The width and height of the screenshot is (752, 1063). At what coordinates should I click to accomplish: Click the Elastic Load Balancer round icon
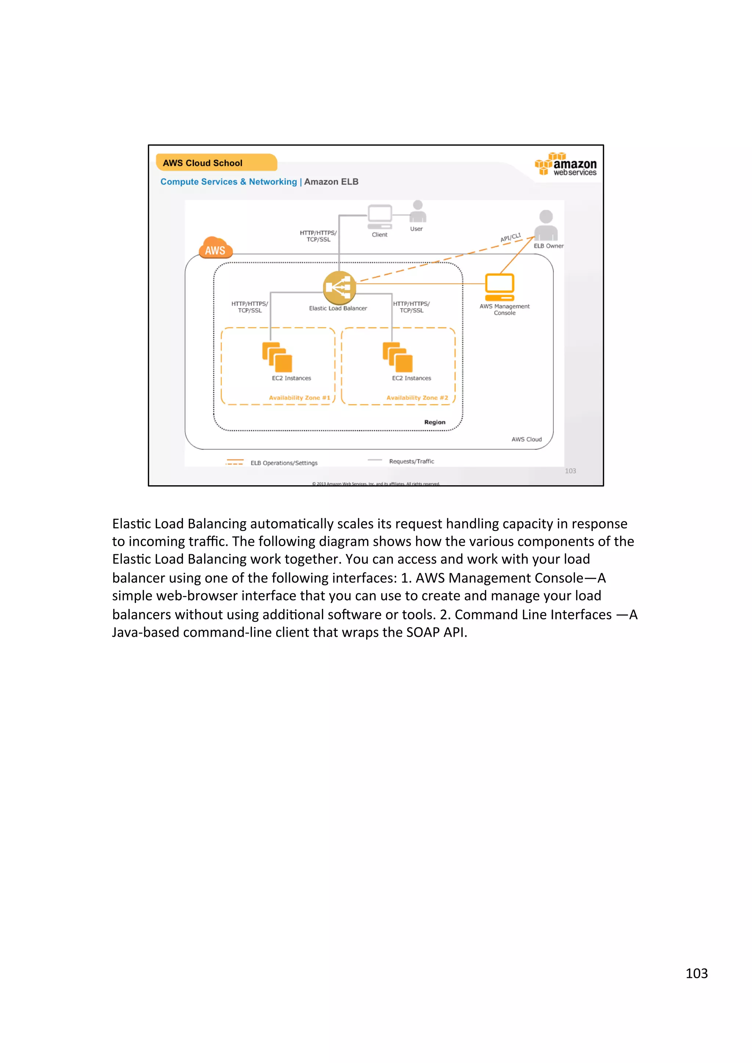point(339,287)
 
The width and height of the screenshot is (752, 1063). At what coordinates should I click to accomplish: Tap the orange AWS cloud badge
point(216,248)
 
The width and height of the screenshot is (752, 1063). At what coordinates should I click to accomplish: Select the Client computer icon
point(379,217)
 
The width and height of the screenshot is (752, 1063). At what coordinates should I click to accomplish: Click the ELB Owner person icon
point(546,225)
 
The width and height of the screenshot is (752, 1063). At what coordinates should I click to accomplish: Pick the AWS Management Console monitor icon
point(499,286)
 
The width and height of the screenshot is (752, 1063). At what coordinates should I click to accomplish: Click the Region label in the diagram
point(435,422)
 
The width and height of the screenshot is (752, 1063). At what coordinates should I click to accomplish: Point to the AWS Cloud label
point(526,439)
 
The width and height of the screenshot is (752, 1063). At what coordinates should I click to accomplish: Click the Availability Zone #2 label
point(417,398)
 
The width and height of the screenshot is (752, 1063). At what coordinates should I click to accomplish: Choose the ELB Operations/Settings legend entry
point(283,463)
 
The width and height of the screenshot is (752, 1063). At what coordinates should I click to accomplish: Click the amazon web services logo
point(566,165)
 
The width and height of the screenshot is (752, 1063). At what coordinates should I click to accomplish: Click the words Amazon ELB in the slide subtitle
point(331,182)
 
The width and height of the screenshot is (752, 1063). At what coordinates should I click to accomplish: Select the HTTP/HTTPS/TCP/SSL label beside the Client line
point(318,236)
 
